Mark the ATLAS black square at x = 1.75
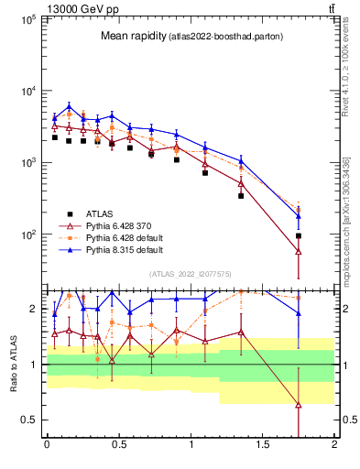tap(299, 235)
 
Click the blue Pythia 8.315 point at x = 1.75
tap(299, 216)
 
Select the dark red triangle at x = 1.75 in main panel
tap(299, 251)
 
